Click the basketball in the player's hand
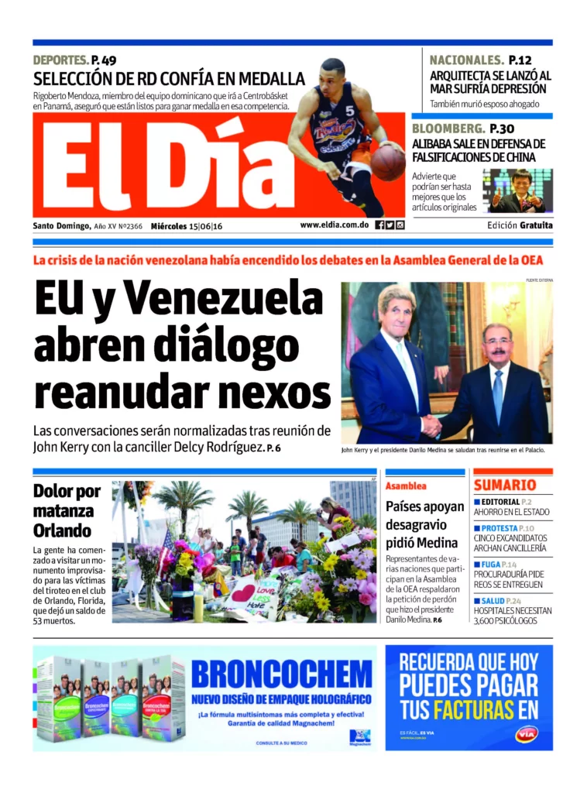pyautogui.click(x=387, y=162)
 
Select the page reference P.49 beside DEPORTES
pyautogui.click(x=104, y=60)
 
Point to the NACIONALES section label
pyautogui.click(x=466, y=60)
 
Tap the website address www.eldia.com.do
pyautogui.click(x=335, y=225)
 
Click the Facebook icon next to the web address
pyautogui.click(x=379, y=225)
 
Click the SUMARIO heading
pyautogui.click(x=505, y=486)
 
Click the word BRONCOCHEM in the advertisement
pyautogui.click(x=281, y=674)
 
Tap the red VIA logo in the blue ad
pyautogui.click(x=526, y=733)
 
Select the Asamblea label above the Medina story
pyautogui.click(x=406, y=486)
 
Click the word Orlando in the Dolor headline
pyautogui.click(x=62, y=531)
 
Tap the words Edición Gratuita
pyautogui.click(x=520, y=225)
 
